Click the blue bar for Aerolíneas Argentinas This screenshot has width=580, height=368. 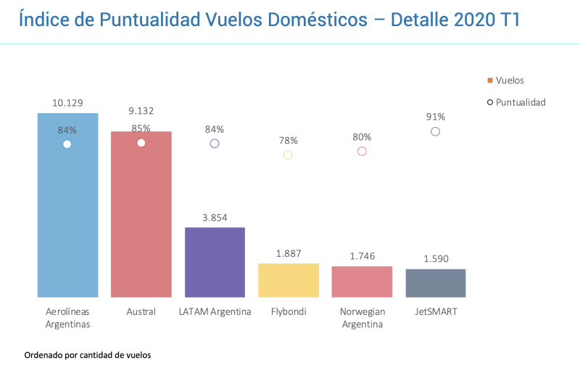(x=67, y=218)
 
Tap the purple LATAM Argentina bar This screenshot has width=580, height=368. (x=215, y=262)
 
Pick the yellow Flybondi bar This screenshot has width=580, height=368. (x=289, y=280)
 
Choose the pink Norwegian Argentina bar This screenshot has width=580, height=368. (x=362, y=282)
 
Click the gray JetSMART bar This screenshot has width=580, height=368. (x=436, y=283)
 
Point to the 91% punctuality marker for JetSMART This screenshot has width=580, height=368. (x=435, y=131)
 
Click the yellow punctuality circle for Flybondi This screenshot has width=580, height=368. (x=288, y=155)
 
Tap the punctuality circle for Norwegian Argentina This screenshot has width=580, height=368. (x=362, y=151)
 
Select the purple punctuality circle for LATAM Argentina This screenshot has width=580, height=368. (x=215, y=144)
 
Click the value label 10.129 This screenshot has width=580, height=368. (x=67, y=103)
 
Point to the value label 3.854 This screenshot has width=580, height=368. (x=215, y=217)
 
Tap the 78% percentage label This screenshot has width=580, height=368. (x=288, y=140)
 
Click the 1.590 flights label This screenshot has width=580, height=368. (x=436, y=258)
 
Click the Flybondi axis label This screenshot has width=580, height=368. (x=288, y=312)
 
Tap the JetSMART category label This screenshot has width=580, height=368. (x=436, y=312)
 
